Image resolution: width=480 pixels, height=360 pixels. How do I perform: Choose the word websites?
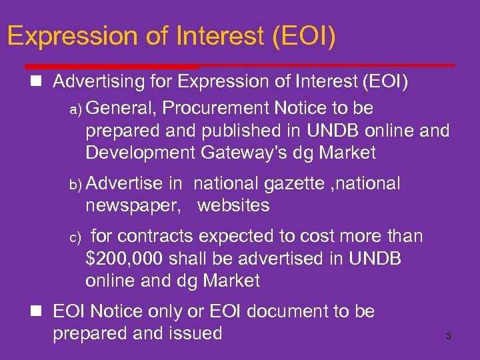[x=233, y=205]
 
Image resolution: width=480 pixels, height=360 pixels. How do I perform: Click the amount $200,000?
[x=127, y=259]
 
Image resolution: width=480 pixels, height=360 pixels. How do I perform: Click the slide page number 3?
[x=448, y=337]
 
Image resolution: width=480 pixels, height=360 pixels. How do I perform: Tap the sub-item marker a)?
[x=75, y=109]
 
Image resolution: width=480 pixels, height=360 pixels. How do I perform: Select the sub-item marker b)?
[x=75, y=185]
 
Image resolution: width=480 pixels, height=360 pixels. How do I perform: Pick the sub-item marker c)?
[x=75, y=237]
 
